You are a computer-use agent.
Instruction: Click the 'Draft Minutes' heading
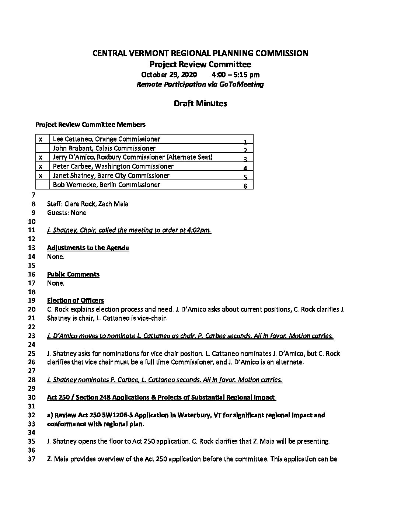point(200,104)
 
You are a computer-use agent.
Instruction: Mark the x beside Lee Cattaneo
point(41,139)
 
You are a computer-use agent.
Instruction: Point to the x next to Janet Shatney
point(41,176)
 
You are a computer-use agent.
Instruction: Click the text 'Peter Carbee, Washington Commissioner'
point(113,167)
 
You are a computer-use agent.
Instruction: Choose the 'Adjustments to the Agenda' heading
point(88,248)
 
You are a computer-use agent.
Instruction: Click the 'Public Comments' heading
point(73,274)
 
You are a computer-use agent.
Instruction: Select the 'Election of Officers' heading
point(76,300)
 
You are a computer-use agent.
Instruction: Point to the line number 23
point(32,336)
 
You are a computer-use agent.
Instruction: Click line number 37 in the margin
point(32,459)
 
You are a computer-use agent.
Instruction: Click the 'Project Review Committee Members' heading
point(90,125)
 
